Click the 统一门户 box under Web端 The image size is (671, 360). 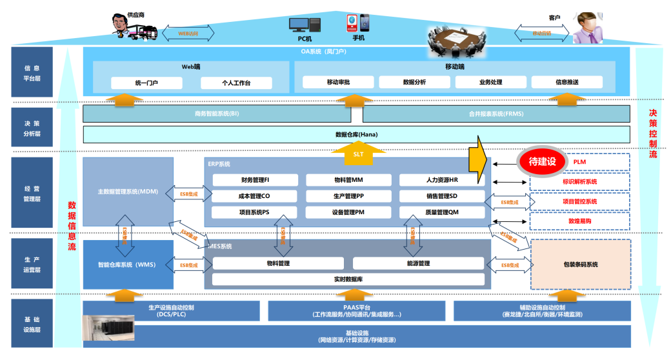pyautogui.click(x=146, y=83)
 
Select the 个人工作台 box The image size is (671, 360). pyautogui.click(x=236, y=83)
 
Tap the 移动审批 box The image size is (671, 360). pyautogui.click(x=338, y=83)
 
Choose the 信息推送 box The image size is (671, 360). pyautogui.click(x=566, y=83)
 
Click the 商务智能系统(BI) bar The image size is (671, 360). pyautogui.click(x=216, y=114)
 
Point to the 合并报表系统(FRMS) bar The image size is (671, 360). pyautogui.click(x=496, y=114)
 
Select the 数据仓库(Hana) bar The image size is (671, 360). pyautogui.click(x=356, y=134)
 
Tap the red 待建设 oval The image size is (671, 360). pyautogui.click(x=541, y=161)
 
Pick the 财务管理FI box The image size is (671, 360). pyautogui.click(x=255, y=180)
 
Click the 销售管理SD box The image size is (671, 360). pyautogui.click(x=441, y=196)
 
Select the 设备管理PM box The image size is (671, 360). pyautogui.click(x=348, y=212)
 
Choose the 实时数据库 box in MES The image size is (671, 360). pyautogui.click(x=348, y=279)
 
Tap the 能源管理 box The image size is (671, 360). pyautogui.click(x=418, y=263)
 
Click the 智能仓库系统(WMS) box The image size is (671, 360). pyautogui.click(x=128, y=265)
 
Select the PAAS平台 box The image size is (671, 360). pyautogui.click(x=356, y=311)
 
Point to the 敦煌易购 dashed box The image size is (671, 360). pyautogui.click(x=580, y=221)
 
